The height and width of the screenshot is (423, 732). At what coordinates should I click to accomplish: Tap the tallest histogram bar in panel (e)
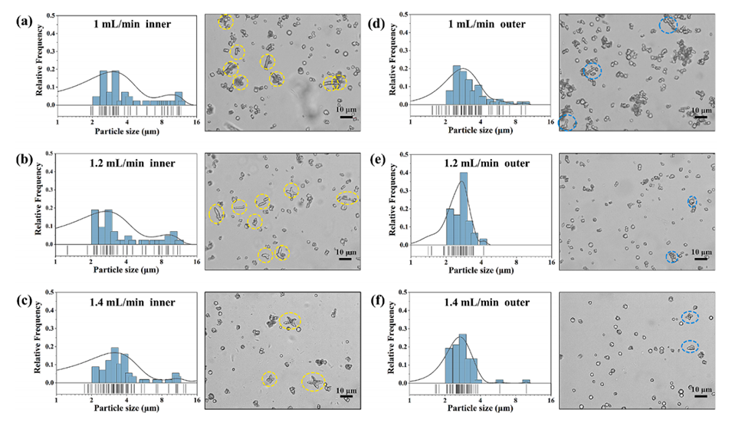click(x=462, y=208)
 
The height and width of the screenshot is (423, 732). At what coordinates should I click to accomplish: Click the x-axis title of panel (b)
click(x=126, y=270)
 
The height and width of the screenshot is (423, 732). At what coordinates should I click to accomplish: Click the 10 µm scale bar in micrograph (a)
click(x=346, y=117)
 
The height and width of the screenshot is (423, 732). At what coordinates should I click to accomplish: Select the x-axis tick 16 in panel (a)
click(x=197, y=122)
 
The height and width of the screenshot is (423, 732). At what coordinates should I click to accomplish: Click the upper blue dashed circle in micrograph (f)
click(x=691, y=317)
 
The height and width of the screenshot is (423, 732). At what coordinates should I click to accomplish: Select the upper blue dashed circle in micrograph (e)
click(x=691, y=203)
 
